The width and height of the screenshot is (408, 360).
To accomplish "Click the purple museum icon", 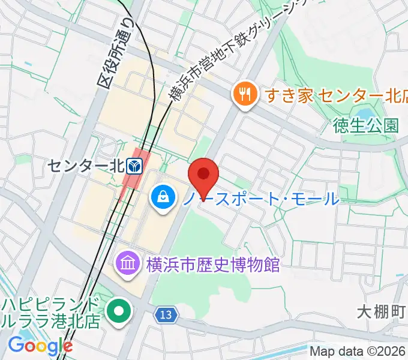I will (127, 262).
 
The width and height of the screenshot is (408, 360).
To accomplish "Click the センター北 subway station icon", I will (136, 164).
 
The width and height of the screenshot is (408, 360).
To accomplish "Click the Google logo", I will (40, 346).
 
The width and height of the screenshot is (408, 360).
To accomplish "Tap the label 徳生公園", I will (366, 126).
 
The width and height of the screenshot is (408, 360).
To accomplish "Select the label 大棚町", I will (382, 312).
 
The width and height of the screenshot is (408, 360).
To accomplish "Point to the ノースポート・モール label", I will (260, 197).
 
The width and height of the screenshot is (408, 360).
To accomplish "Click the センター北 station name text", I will (87, 164).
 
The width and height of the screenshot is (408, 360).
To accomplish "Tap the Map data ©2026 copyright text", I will (358, 351).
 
